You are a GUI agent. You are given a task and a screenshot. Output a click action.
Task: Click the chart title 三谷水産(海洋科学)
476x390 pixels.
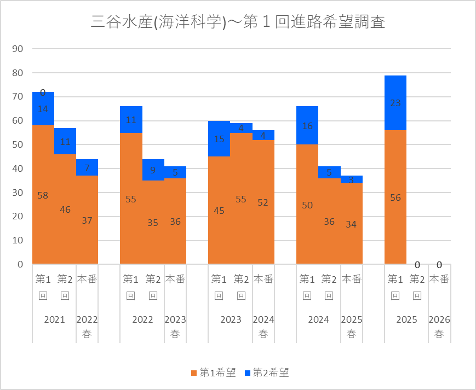[x=238, y=22]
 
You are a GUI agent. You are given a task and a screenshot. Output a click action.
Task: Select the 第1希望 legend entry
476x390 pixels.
[x=214, y=373]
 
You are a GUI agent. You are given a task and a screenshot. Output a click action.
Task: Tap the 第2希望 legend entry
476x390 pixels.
[x=266, y=373]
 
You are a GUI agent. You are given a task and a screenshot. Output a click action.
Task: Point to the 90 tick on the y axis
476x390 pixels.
[x=18, y=49]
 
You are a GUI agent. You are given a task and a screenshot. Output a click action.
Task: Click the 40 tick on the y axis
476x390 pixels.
[x=18, y=168]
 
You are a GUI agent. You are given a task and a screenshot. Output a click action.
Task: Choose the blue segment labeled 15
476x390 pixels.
[x=219, y=138]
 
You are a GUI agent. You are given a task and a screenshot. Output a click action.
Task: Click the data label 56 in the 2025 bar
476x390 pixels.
[x=395, y=198]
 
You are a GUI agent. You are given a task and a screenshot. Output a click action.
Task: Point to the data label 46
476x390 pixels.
[x=65, y=209]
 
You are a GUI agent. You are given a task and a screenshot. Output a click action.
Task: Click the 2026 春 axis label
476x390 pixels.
[x=439, y=327]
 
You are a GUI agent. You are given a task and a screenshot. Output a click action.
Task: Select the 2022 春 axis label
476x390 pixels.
[x=87, y=327]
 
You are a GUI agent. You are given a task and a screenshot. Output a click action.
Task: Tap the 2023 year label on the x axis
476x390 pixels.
[x=230, y=320]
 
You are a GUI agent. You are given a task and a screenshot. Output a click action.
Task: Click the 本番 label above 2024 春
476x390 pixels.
[x=263, y=279]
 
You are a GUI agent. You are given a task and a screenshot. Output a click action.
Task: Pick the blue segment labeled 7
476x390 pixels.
[x=87, y=167]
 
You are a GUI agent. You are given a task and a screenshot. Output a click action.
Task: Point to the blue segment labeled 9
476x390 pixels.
[x=153, y=170]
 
